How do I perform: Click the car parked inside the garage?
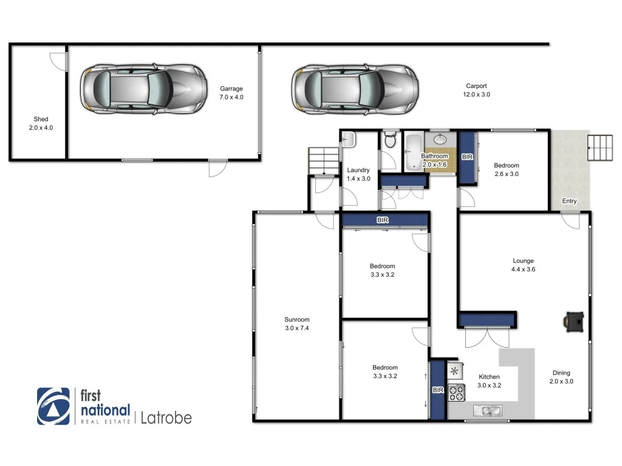142,89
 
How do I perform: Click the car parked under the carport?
355,89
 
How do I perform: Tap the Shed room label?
41,124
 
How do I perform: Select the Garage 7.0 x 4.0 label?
231,93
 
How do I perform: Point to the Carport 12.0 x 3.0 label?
476,90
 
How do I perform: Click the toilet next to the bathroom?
390,141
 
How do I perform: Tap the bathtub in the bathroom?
412,152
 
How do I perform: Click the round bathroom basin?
442,139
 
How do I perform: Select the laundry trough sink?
348,140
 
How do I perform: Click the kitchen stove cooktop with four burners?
456,393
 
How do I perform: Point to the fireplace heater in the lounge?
574,322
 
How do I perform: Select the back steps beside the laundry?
321,160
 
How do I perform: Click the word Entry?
569,201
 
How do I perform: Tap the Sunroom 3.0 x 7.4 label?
297,323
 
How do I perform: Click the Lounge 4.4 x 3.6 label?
523,265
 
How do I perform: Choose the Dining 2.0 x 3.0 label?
561,377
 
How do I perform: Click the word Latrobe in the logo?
166,417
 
